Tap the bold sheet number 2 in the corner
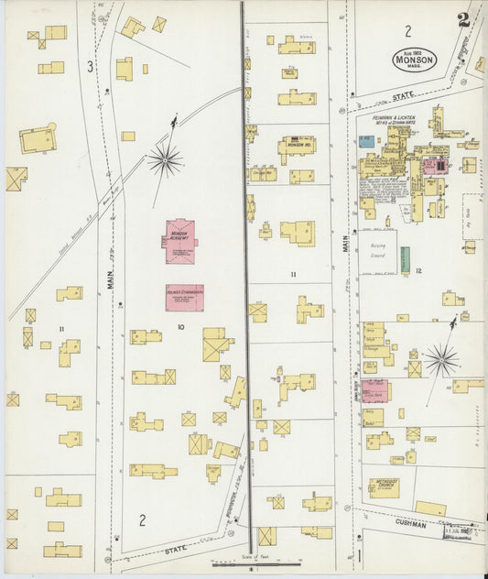(x=464, y=19)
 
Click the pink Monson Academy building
(x=179, y=241)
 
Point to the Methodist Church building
(x=383, y=486)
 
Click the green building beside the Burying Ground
(x=404, y=259)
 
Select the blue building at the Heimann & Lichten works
(x=366, y=142)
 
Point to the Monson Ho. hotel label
(x=296, y=145)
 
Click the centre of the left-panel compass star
(x=166, y=160)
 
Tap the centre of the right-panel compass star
(x=440, y=359)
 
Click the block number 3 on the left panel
(x=89, y=66)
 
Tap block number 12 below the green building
(x=417, y=272)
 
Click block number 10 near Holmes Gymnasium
(x=180, y=326)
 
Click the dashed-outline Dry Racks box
(x=472, y=216)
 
